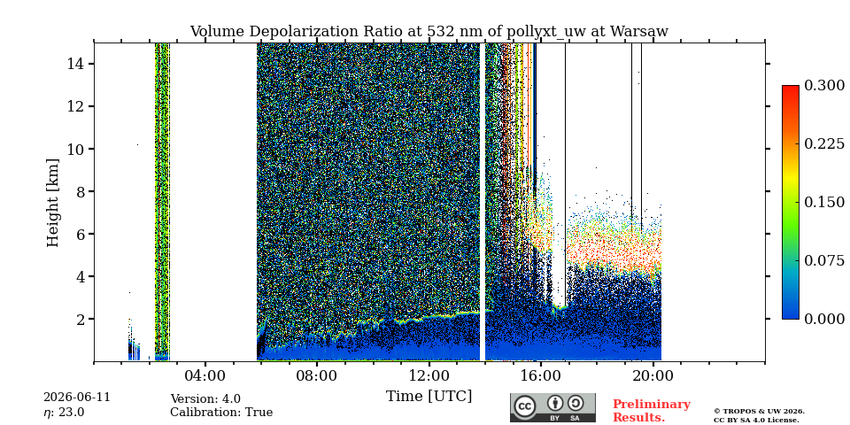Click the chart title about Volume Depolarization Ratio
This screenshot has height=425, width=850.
point(429,32)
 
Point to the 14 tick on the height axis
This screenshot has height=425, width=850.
point(74,64)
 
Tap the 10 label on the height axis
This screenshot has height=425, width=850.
point(74,149)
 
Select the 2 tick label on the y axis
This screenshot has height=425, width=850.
point(79,319)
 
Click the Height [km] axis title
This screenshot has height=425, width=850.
point(52,203)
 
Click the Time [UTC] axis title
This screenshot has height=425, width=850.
point(429,397)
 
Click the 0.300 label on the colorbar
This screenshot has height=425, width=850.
point(824,86)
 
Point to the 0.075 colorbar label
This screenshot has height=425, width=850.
point(824,260)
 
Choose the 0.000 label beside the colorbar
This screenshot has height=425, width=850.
point(824,319)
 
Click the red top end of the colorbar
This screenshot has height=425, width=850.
point(791,87)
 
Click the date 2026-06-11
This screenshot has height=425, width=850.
point(77,398)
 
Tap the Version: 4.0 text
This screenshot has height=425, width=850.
point(205,399)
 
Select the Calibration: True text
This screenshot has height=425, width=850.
point(221,413)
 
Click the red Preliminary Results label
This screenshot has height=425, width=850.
point(652,411)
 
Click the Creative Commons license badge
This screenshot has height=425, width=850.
point(552,407)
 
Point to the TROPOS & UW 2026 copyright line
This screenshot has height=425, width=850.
point(759,412)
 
